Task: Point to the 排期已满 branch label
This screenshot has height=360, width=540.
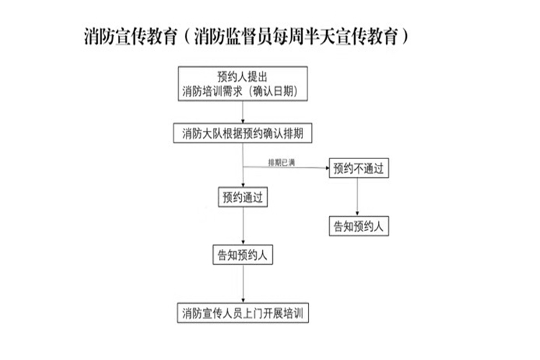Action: [282, 162]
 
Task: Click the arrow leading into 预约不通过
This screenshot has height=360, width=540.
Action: [286, 168]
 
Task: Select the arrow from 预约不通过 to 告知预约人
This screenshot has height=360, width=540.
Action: [357, 197]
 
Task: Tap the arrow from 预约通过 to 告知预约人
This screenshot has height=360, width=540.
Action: [243, 225]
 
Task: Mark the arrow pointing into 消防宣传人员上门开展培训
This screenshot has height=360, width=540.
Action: [243, 284]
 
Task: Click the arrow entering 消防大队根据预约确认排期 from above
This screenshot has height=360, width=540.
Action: [243, 112]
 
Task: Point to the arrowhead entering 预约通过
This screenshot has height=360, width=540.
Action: [243, 185]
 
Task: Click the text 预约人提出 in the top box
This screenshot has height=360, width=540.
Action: [243, 76]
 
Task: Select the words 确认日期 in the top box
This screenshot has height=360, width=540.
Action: [274, 91]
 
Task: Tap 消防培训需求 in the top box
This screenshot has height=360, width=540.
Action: [212, 91]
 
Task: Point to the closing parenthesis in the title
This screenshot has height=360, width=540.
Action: [405, 36]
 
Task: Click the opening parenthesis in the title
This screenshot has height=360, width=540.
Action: [186, 36]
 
